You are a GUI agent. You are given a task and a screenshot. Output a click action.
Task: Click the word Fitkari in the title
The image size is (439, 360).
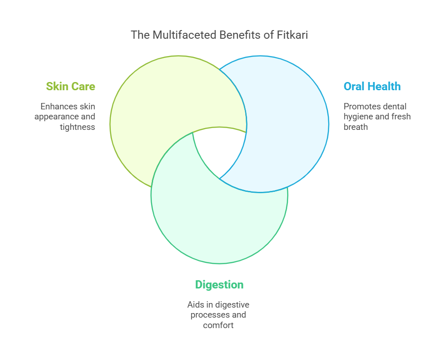292,35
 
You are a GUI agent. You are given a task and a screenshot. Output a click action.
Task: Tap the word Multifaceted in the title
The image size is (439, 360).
185,35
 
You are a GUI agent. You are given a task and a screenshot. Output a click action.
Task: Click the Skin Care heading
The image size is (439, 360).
71,86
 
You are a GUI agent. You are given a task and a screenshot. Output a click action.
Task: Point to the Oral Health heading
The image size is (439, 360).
372,86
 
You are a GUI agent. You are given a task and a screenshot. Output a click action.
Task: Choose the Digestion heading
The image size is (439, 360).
219,285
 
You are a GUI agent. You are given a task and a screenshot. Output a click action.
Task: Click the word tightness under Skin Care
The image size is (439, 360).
77,127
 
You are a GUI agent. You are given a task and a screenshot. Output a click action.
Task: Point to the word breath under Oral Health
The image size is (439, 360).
356,127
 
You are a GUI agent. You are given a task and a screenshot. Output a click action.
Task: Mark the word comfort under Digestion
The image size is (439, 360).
218,325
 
